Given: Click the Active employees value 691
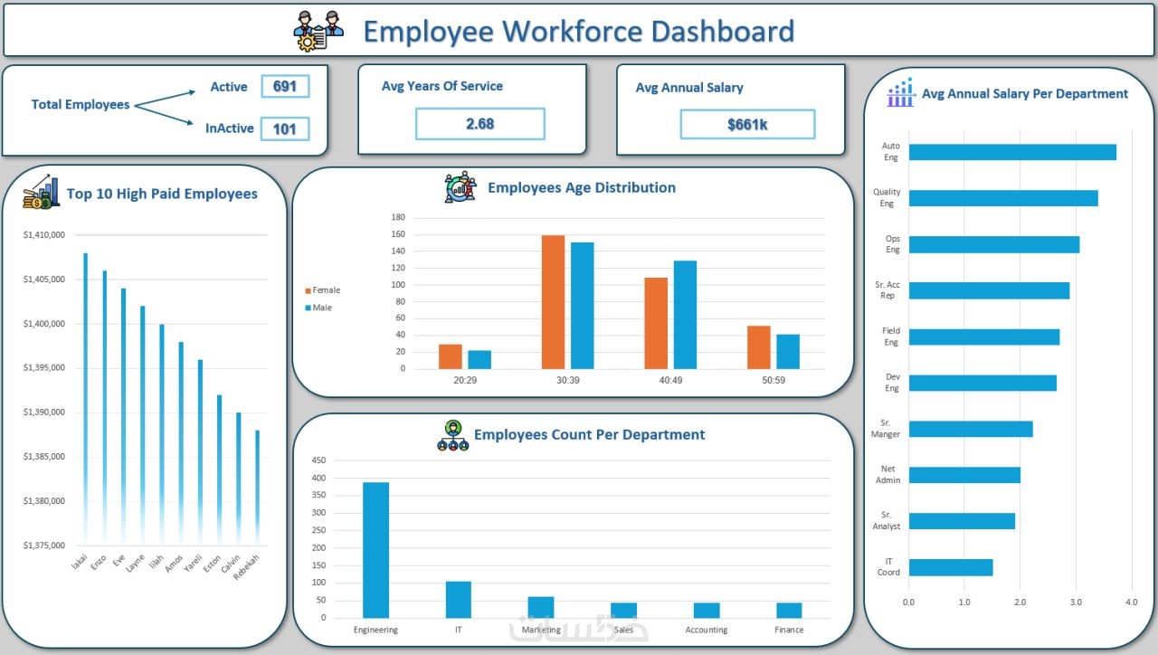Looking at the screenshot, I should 285,87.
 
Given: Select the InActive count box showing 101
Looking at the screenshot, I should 285,128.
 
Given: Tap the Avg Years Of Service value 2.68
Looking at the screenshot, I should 479,124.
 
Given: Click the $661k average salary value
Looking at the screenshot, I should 747,125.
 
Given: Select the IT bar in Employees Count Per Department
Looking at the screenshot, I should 459,599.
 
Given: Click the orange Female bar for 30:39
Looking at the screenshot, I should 553,302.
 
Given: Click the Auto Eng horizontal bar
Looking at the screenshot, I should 1011,152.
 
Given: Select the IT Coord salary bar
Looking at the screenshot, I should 950,567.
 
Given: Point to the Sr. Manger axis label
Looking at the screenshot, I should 887,429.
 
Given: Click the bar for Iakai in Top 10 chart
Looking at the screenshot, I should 85,398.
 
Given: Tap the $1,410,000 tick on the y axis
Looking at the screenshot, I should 44,235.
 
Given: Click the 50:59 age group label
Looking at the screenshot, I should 774,381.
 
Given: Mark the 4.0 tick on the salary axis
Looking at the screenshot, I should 1131,602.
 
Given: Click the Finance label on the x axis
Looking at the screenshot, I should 789,630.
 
